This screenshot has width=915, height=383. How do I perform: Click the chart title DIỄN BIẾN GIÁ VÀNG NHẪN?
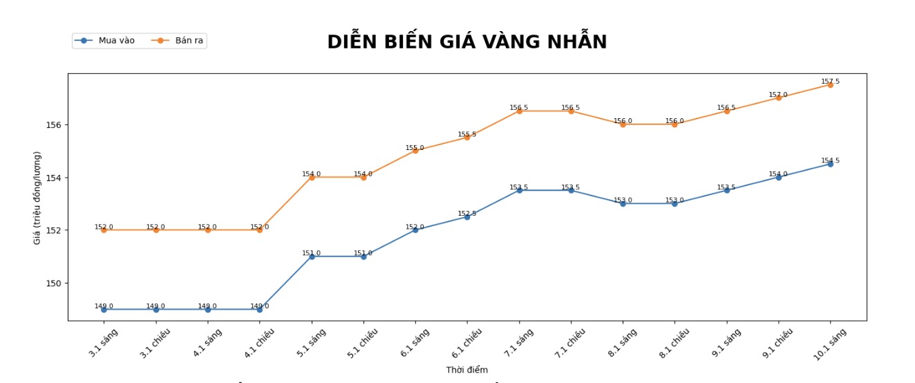[x=466, y=42]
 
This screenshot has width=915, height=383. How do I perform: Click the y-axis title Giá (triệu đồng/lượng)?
[x=37, y=197]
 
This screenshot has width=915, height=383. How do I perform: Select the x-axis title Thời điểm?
[x=466, y=370]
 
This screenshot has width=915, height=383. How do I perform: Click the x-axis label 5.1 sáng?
[x=311, y=342]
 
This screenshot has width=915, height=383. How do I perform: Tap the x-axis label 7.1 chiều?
[x=570, y=342]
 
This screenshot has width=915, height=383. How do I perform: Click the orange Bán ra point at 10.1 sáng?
[x=830, y=85]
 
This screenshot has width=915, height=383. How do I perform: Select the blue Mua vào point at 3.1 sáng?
[x=104, y=310]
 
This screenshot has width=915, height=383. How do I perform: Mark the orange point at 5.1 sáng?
[x=312, y=177]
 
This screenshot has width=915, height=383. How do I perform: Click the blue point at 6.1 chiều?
[x=466, y=217]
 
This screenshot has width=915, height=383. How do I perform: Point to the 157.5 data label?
[x=830, y=82]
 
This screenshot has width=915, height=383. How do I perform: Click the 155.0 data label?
[x=415, y=147]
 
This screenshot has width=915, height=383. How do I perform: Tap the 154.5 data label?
[x=830, y=160]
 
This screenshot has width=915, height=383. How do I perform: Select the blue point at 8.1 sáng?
[x=623, y=203]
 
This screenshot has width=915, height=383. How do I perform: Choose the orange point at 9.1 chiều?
[x=778, y=97]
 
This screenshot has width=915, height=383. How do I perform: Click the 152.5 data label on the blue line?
[x=466, y=214]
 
